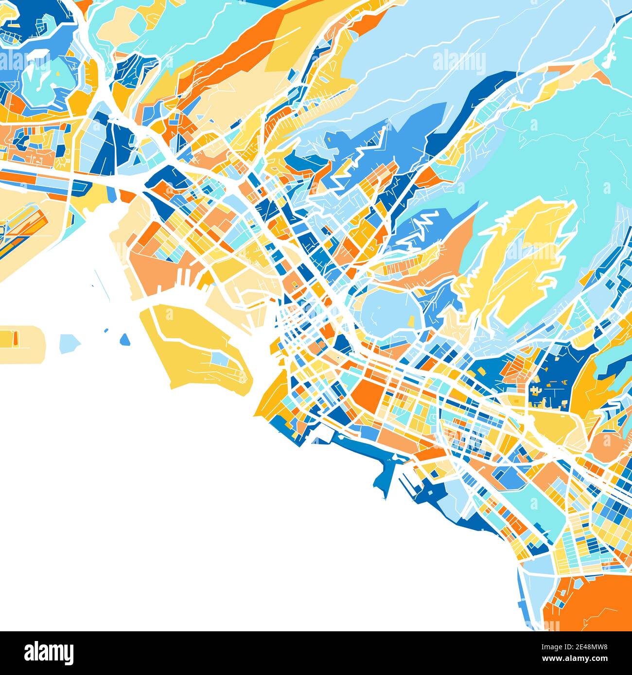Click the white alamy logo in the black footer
[x=49, y=652]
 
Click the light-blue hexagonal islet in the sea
[x=70, y=342]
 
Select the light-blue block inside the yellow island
[x=222, y=359]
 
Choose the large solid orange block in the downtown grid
[x=369, y=393]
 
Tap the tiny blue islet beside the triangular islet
[x=106, y=331]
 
